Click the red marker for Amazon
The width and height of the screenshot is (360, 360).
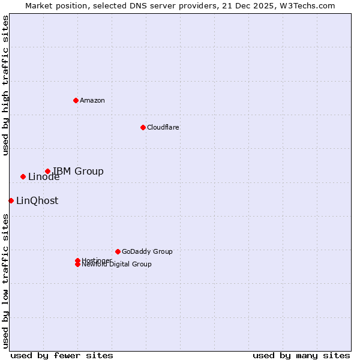coord(76,100)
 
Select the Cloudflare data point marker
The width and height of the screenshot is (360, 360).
coord(143,127)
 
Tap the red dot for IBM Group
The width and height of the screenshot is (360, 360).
coord(47,172)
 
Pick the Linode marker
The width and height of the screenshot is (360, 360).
coord(23,176)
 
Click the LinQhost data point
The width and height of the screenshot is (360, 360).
coord(11,200)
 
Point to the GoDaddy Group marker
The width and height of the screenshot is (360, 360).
coord(118,251)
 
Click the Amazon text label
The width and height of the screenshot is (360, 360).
coord(92,100)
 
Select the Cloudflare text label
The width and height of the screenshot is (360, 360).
coord(163,127)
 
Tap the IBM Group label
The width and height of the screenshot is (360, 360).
coord(78,172)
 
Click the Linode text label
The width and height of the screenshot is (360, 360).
coord(44,177)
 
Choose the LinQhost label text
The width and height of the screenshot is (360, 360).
coord(37,201)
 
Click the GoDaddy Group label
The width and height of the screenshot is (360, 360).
coord(147,251)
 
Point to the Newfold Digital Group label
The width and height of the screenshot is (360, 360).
coord(116,265)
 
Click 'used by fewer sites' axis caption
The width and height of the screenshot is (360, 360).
coord(62,355)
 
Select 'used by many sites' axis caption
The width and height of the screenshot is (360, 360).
coord(301,355)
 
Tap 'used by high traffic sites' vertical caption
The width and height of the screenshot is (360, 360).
coord(5,85)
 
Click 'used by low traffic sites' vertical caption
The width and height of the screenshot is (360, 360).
coord(5,281)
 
